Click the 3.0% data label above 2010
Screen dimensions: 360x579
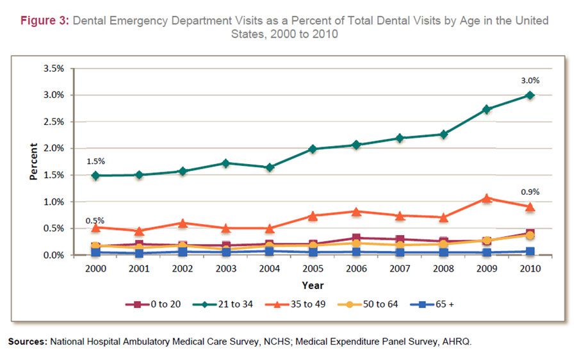pyautogui.click(x=530, y=81)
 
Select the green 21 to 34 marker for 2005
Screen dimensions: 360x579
pyautogui.click(x=313, y=149)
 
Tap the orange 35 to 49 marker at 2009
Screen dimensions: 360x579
pyautogui.click(x=487, y=199)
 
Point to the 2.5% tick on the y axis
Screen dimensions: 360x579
pyautogui.click(x=53, y=122)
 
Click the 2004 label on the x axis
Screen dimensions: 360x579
pyautogui.click(x=269, y=269)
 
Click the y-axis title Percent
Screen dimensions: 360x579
pyautogui.click(x=33, y=161)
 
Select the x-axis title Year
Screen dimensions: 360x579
pyautogui.click(x=313, y=285)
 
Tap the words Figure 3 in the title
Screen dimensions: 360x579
pyautogui.click(x=45, y=20)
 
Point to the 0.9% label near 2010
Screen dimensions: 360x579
pyautogui.click(x=530, y=192)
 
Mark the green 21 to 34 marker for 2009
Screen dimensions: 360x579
pyautogui.click(x=487, y=110)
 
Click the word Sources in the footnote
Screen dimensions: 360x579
pyautogui.click(x=27, y=342)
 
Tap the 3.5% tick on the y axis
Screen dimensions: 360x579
pyautogui.click(x=53, y=69)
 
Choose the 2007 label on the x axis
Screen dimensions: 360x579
pyautogui.click(x=400, y=269)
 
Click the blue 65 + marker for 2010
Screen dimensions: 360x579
pyautogui.click(x=530, y=252)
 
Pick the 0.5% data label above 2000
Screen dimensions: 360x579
pyautogui.click(x=95, y=221)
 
